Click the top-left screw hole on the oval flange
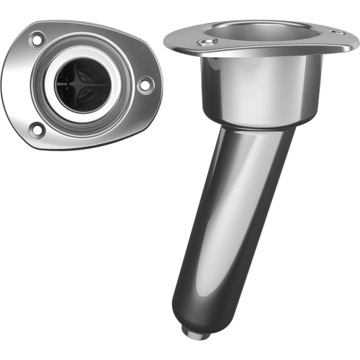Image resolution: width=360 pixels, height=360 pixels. tap(36, 40)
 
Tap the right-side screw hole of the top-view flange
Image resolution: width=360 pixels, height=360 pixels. tap(144, 86)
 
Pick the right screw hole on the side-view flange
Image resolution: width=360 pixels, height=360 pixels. tap(335, 31)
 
